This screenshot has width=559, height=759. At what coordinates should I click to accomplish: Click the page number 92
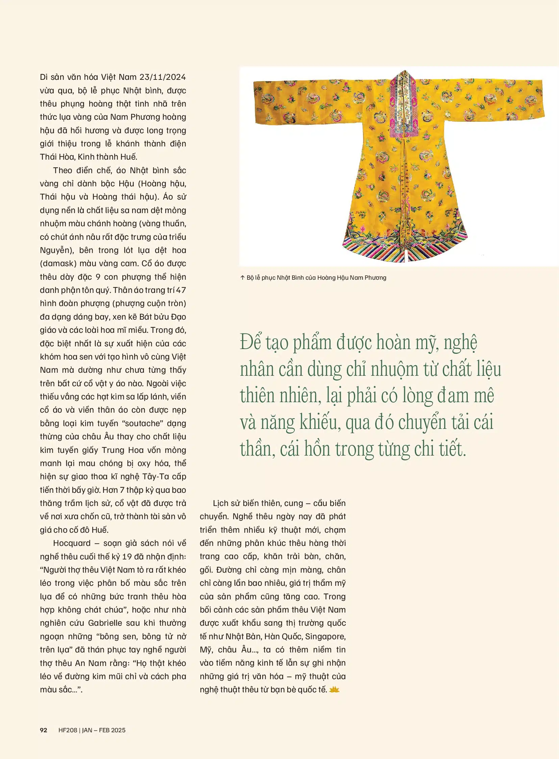44,730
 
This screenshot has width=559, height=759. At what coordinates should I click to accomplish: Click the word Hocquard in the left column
72,543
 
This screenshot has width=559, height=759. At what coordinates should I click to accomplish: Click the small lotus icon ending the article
334,689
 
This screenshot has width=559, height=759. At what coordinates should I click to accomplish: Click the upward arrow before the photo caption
242,278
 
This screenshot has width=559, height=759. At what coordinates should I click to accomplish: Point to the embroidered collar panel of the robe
403,101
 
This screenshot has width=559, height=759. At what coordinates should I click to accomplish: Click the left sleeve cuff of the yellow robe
259,101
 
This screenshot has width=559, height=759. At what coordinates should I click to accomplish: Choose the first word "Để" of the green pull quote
250,343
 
